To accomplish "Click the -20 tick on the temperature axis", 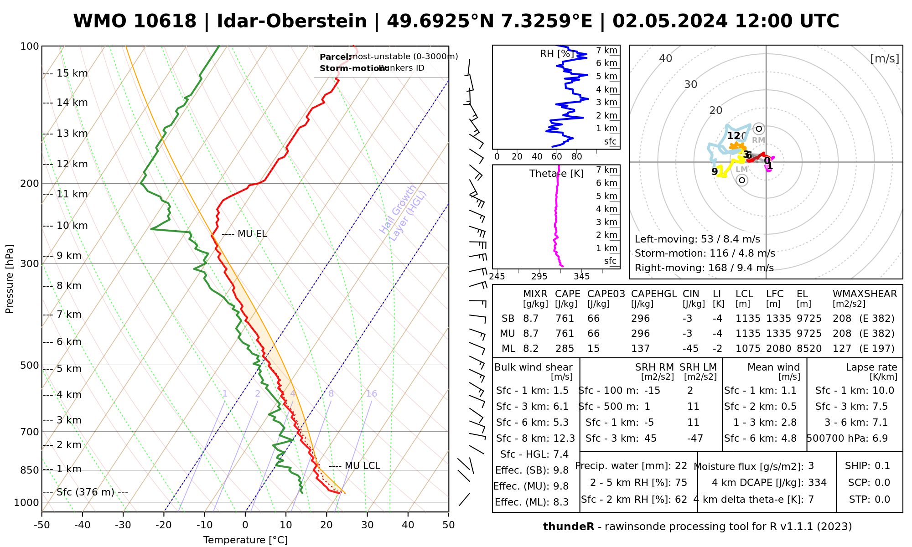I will click(x=164, y=525).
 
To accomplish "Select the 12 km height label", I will click(x=72, y=164).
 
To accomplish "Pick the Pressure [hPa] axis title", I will click(x=10, y=279).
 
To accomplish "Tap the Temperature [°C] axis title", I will click(x=245, y=540).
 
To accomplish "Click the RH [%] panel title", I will click(x=556, y=54).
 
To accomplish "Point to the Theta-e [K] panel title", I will click(x=556, y=174).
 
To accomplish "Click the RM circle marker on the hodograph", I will click(x=759, y=129).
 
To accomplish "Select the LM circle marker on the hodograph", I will click(x=742, y=180).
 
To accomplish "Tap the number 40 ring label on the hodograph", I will click(x=666, y=58).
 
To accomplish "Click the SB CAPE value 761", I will click(x=565, y=319).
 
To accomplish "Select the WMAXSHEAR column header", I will click(x=865, y=294).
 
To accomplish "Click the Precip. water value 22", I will click(x=681, y=466).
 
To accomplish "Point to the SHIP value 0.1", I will click(x=882, y=466).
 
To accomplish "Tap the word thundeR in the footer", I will click(x=569, y=527).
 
